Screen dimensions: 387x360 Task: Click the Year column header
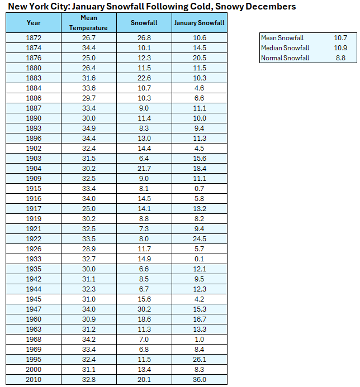click(x=34, y=23)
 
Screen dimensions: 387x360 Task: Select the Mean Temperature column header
click(x=88, y=23)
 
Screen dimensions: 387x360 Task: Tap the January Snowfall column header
click(x=199, y=23)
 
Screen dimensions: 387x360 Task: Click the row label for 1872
click(x=34, y=37)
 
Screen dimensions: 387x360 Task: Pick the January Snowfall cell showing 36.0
click(x=199, y=380)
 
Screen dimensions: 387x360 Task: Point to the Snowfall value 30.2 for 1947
click(x=144, y=309)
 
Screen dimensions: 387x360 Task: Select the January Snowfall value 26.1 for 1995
click(x=199, y=359)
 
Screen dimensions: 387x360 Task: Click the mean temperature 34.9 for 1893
click(x=88, y=128)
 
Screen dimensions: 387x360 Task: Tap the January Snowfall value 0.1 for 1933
click(x=199, y=259)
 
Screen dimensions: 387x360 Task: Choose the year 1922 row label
click(x=34, y=238)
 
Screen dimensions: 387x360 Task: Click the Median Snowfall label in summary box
click(x=285, y=48)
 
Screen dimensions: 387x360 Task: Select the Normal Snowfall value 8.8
click(x=340, y=58)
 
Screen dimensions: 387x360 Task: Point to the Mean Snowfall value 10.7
click(x=340, y=38)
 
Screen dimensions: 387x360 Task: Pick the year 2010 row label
click(x=34, y=380)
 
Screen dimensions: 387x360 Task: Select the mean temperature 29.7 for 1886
click(x=88, y=98)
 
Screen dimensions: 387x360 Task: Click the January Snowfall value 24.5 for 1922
click(x=199, y=238)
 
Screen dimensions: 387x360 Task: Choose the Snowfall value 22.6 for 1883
click(x=144, y=78)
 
